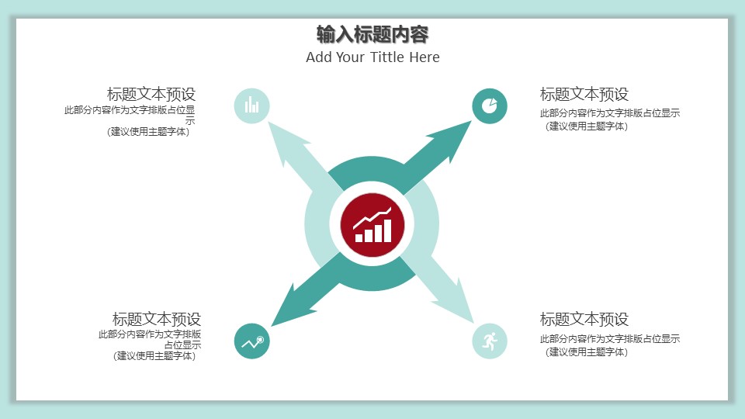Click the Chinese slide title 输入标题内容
pyautogui.click(x=372, y=34)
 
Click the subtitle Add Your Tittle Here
pyautogui.click(x=372, y=57)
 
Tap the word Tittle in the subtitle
pyautogui.click(x=386, y=57)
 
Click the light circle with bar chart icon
pyautogui.click(x=251, y=106)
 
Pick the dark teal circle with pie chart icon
pyautogui.click(x=490, y=106)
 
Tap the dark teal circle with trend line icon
pyautogui.click(x=251, y=341)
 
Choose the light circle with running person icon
pyautogui.click(x=490, y=341)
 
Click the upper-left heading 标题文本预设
pyautogui.click(x=151, y=95)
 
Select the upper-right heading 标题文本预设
pyautogui.click(x=584, y=95)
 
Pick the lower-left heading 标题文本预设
pyautogui.click(x=157, y=319)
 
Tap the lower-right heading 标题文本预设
pyautogui.click(x=584, y=319)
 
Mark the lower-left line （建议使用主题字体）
pyautogui.click(x=154, y=356)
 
